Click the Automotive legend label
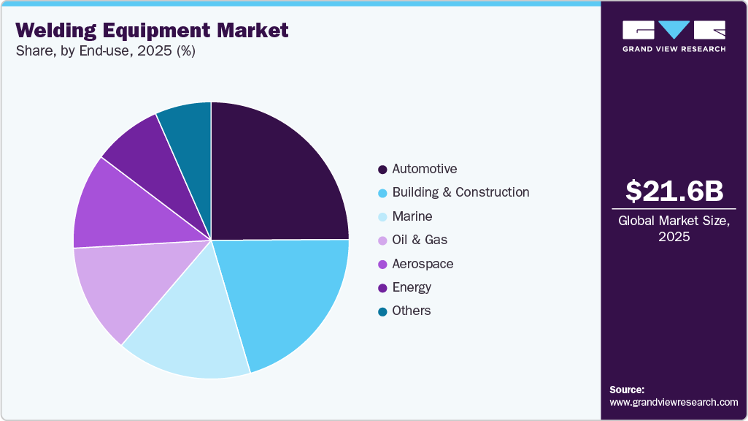coord(425,169)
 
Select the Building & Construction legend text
coord(460,192)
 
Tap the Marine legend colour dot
coord(382,217)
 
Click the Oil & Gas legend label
coord(420,240)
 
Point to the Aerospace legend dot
coord(382,264)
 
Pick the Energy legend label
coord(412,287)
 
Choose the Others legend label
coord(412,311)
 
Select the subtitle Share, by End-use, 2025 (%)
coord(105,50)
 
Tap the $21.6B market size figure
coord(674,191)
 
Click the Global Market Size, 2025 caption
coord(674,228)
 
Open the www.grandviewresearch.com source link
coord(674,402)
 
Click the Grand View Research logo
coord(674,36)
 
